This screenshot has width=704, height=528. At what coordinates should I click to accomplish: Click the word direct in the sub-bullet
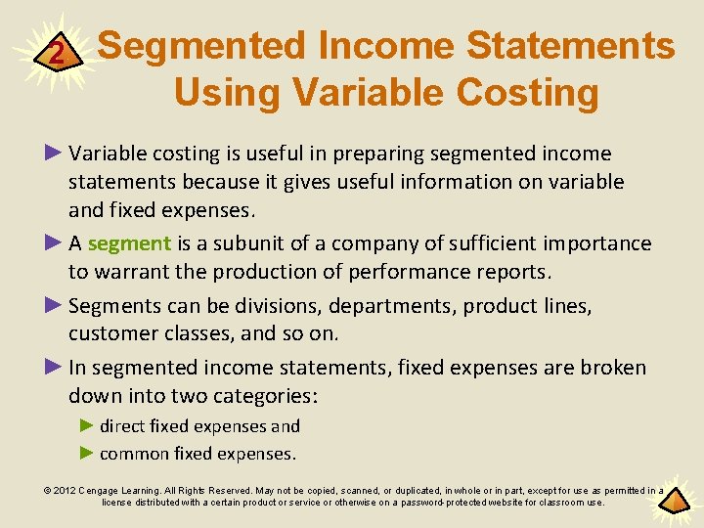(121, 426)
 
